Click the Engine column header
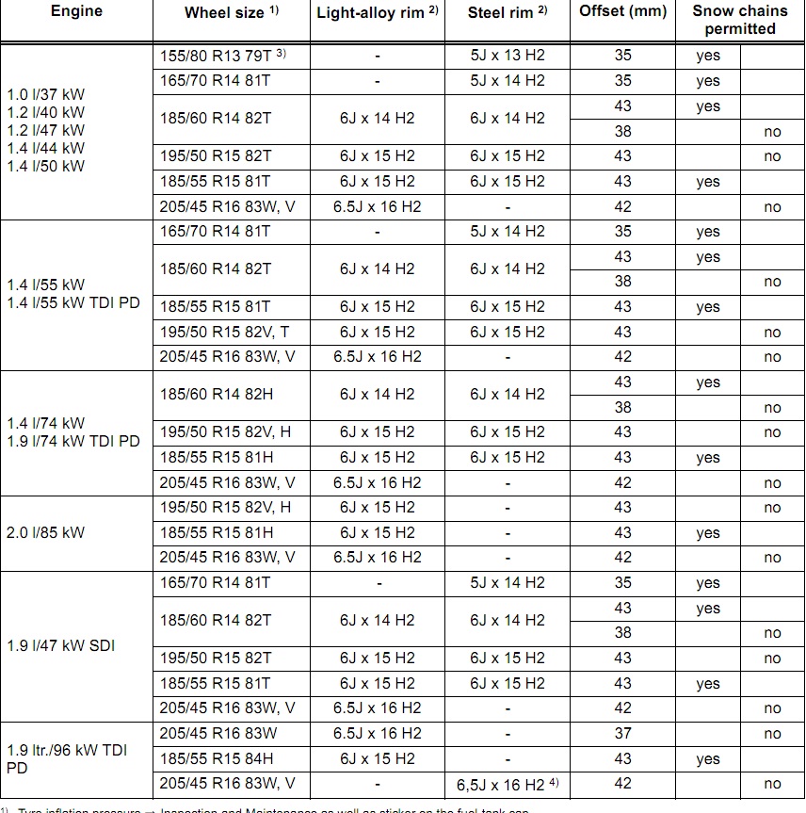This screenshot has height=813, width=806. coord(76,11)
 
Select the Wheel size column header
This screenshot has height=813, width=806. coord(231,12)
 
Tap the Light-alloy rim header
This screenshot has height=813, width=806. coord(378,12)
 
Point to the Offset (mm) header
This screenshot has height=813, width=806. coord(622,11)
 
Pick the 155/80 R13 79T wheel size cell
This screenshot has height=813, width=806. coord(221,56)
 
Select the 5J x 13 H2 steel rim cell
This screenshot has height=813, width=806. coord(508,56)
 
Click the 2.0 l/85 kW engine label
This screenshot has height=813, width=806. coord(45,532)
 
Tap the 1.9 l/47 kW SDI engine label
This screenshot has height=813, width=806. coord(60,646)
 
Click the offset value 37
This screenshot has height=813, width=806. coord(622,734)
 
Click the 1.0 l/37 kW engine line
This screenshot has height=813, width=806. coord(45,94)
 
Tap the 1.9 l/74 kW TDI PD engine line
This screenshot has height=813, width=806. coord(73,441)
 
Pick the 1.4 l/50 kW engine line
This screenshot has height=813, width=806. coord(45,166)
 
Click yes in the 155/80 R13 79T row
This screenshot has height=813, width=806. coord(708,56)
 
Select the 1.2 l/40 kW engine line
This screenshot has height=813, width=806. coord(45,112)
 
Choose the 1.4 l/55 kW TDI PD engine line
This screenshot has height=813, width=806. coord(73,302)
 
